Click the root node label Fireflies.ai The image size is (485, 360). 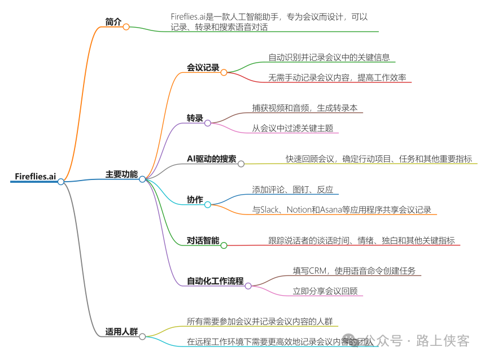pos(35,177)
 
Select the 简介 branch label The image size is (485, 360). pos(113,22)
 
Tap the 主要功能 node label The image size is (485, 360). pos(121,174)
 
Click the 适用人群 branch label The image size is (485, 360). pos(121,331)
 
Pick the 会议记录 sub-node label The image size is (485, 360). pos(203,68)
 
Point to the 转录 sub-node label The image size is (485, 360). pos(195,118)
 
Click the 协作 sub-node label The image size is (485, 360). pos(195,199)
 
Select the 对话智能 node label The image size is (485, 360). pos(203,240)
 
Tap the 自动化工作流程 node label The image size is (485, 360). pos(215,280)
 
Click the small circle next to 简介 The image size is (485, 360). pos(126,27)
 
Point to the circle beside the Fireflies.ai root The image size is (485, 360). pos(61,181)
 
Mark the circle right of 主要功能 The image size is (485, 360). pos(142,179)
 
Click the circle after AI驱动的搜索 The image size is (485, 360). pos(241,164)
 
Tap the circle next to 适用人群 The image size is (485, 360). pos(142,336)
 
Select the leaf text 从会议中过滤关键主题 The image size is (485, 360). pos(292,128)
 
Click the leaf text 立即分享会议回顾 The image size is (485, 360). pos(325,291)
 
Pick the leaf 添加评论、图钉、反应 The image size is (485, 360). pos(292,190)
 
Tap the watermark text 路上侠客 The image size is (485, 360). pos(443,340)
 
